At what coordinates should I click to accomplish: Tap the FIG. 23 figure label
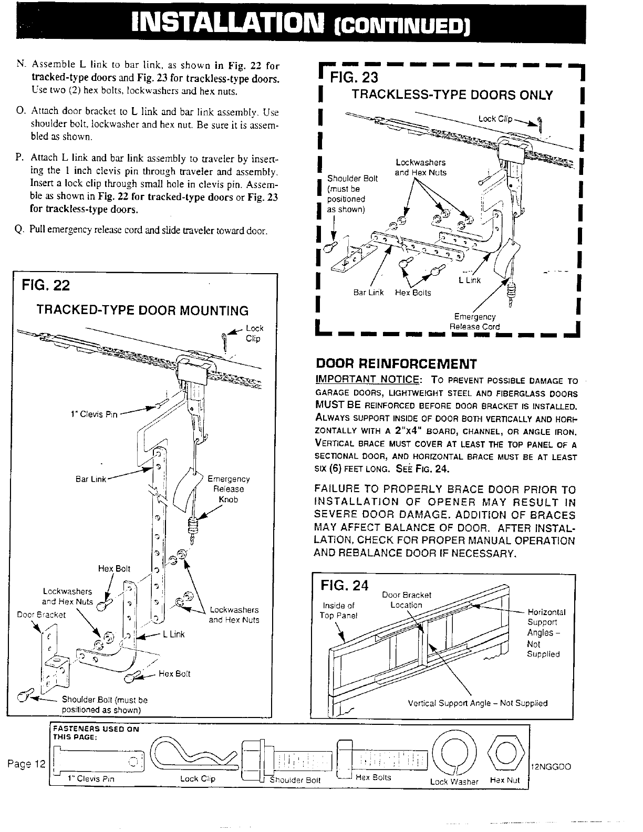[354, 78]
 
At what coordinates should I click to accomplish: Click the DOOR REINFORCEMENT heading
[396, 364]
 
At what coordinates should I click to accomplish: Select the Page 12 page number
[27, 763]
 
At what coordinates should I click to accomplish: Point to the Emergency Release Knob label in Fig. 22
[229, 489]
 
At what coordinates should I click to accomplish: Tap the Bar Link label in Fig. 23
[368, 293]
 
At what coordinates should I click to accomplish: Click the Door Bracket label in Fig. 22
[42, 615]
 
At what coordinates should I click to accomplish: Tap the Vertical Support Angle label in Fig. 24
[478, 703]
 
